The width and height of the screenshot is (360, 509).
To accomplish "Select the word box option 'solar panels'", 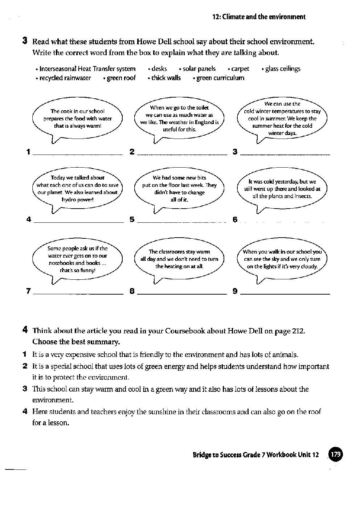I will tap(199, 69).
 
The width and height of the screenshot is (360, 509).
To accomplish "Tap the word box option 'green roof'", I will tap(121, 78).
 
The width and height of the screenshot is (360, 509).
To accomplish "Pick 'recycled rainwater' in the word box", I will tap(65, 78).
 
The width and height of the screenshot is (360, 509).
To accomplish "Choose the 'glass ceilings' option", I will tap(283, 69).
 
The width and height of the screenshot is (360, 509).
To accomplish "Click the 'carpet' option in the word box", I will tap(240, 69).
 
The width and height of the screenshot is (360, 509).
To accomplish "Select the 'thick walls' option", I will tap(166, 78).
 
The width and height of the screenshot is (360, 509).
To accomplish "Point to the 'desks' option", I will tap(159, 69).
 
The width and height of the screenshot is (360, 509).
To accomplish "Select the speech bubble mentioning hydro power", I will tap(77, 189).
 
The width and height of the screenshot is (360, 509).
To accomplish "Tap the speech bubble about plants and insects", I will tap(282, 189).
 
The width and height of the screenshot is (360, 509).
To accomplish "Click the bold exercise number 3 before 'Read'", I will tap(25, 41).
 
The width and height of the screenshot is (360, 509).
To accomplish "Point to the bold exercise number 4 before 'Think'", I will tap(25, 330).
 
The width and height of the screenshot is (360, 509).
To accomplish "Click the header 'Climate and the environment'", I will tap(264, 17).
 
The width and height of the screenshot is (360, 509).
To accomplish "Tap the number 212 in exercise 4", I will tap(299, 331).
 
